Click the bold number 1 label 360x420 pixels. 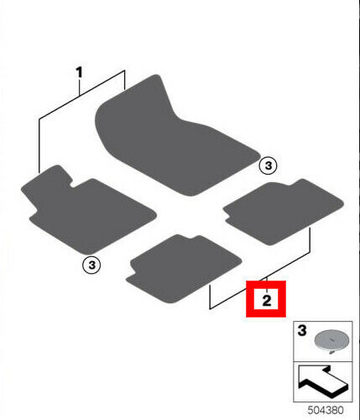pyautogui.click(x=80, y=72)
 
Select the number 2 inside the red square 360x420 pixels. pyautogui.click(x=267, y=300)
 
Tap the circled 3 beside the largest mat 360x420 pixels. pyautogui.click(x=268, y=165)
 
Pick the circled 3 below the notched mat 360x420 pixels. pyautogui.click(x=91, y=265)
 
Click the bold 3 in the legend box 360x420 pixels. pyautogui.click(x=302, y=330)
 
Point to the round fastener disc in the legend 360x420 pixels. pyautogui.click(x=331, y=340)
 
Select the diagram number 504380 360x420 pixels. pyautogui.click(x=326, y=410)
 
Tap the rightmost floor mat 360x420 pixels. pyautogui.click(x=283, y=212)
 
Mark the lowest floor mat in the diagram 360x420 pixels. pyautogui.click(x=183, y=269)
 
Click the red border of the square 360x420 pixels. pyautogui.click(x=266, y=283)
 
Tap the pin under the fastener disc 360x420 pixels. pyautogui.click(x=331, y=352)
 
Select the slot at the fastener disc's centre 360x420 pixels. pyautogui.click(x=331, y=339)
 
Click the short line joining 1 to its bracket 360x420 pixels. pyautogui.click(x=80, y=87)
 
